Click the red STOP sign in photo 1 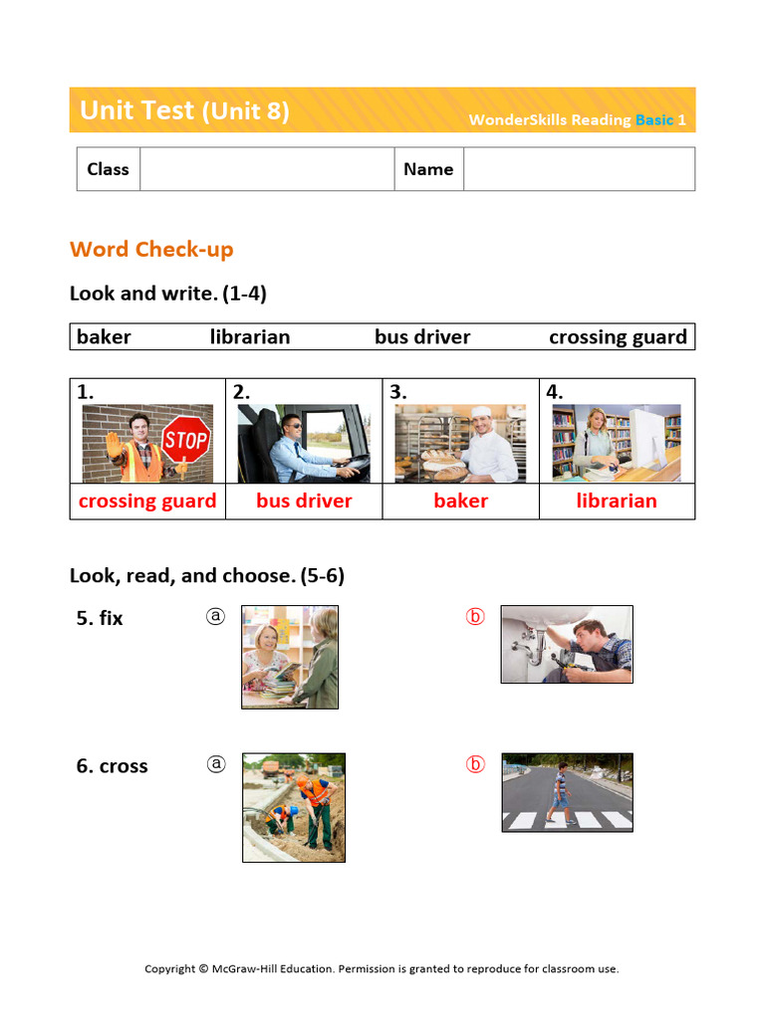click(186, 440)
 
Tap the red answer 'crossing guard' click(147, 501)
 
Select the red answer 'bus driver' click(304, 501)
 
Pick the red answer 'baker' click(460, 501)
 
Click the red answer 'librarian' click(617, 501)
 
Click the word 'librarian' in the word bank click(250, 337)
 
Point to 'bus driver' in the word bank click(422, 337)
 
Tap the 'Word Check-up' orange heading click(151, 249)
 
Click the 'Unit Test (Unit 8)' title click(184, 110)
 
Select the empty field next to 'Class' click(267, 169)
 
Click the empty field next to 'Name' click(579, 169)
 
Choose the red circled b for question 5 click(475, 617)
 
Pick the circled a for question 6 click(216, 764)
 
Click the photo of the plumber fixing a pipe click(566, 645)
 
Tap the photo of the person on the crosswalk click(567, 792)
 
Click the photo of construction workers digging click(294, 807)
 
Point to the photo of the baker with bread click(460, 443)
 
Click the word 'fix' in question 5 click(111, 618)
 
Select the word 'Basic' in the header click(654, 119)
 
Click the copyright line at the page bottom click(382, 968)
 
